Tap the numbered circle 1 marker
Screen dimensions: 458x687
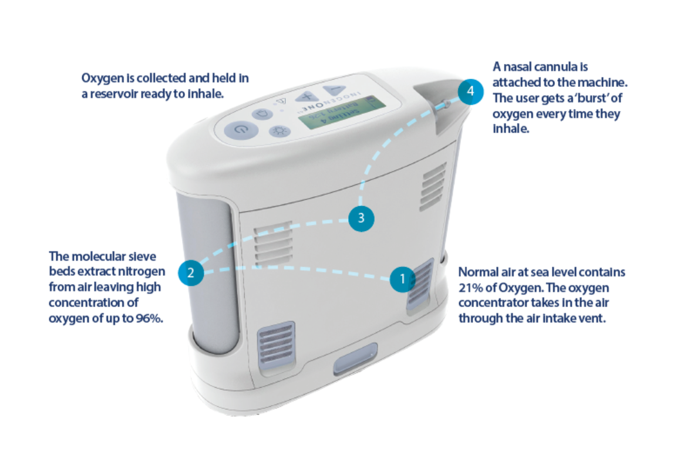point(402,279)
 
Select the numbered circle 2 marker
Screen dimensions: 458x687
point(190,272)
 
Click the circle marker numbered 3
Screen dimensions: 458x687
point(361,218)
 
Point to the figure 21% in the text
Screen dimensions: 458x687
point(472,288)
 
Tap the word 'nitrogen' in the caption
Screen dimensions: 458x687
point(144,272)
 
